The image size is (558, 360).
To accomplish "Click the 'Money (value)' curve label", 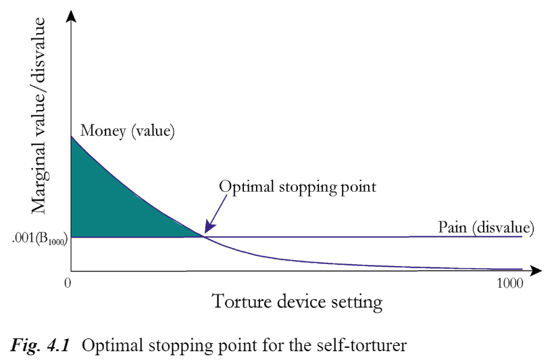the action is pyautogui.click(x=128, y=131).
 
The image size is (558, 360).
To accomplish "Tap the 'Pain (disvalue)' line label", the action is pyautogui.click(x=486, y=228).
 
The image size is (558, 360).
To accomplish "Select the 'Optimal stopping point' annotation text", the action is pyautogui.click(x=297, y=187).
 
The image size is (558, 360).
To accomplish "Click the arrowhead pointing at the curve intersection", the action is pyautogui.click(x=209, y=229).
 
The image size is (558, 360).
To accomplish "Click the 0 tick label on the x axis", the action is pyautogui.click(x=68, y=283).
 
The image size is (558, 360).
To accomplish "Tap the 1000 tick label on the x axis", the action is pyautogui.click(x=510, y=283).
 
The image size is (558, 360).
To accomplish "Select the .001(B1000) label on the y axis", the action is pyautogui.click(x=39, y=239).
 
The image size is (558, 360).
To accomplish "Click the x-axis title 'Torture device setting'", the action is pyautogui.click(x=297, y=302).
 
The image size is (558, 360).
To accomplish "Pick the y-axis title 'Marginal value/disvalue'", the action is pyautogui.click(x=39, y=115).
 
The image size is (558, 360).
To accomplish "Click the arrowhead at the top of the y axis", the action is pyautogui.click(x=71, y=16).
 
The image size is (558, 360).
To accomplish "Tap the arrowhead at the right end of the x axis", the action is pyautogui.click(x=536, y=271).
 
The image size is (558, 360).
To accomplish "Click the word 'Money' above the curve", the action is pyautogui.click(x=103, y=131).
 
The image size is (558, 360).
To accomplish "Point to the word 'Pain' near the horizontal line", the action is pyautogui.click(x=453, y=228).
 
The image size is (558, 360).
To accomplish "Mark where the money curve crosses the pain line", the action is pyautogui.click(x=204, y=236).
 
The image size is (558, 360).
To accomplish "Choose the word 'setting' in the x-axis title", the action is pyautogui.click(x=357, y=303).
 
